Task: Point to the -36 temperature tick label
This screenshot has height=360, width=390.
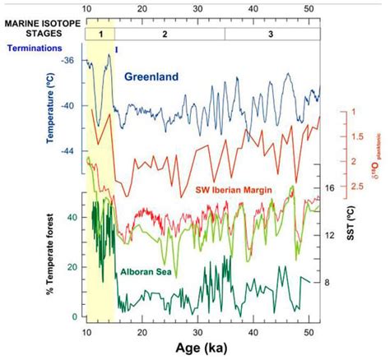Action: [x=70, y=61]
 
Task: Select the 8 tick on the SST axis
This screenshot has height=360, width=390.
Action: [x=327, y=282]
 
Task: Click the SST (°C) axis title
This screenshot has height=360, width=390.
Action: [x=346, y=235]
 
